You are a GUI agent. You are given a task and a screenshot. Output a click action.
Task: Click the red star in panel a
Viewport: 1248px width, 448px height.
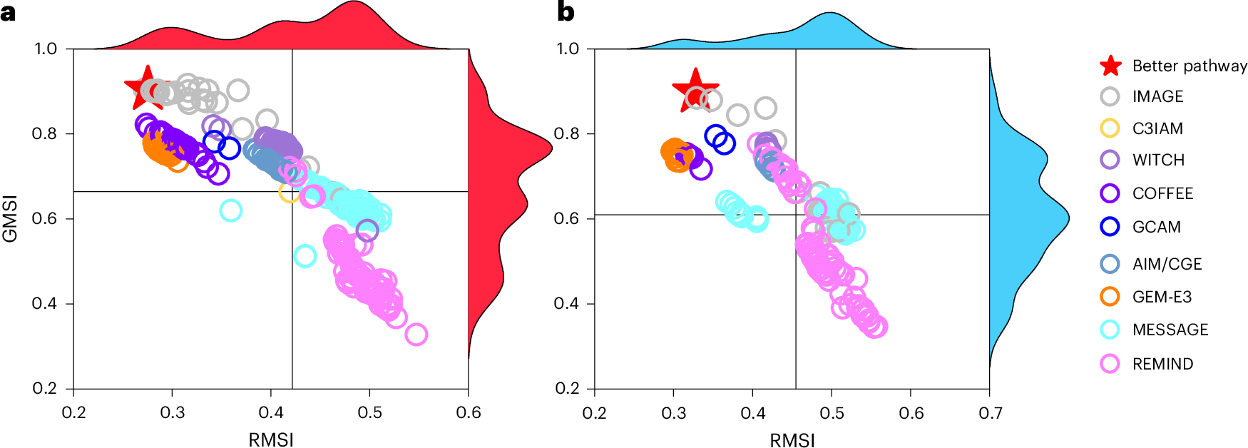[x=145, y=87]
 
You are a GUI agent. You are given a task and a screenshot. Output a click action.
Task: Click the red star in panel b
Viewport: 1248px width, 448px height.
[x=695, y=90]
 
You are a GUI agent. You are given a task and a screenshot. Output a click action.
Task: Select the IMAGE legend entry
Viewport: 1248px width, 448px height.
[x=1157, y=96]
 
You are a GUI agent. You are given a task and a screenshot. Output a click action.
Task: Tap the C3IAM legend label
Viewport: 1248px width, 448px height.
[x=1157, y=128]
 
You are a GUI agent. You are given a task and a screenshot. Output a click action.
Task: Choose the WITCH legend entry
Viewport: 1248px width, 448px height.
[x=1158, y=160]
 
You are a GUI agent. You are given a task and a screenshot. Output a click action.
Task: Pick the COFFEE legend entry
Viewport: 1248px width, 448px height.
[x=1162, y=193]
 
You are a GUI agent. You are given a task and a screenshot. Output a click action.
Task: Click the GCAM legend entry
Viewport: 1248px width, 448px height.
[x=1156, y=227]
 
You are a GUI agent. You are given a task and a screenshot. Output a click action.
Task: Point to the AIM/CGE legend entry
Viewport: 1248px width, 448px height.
[x=1167, y=264]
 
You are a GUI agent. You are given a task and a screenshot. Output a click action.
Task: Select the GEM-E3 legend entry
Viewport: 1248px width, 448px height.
[x=1162, y=297]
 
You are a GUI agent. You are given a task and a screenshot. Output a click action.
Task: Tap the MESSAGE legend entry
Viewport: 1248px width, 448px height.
[x=1170, y=330]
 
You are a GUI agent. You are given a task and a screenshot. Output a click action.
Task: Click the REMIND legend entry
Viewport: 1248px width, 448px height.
[x=1162, y=364]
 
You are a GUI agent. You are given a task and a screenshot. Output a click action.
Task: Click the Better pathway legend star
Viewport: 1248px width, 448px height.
[x=1110, y=66]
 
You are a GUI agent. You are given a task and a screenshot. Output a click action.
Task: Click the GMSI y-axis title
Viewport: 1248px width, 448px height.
[x=10, y=218]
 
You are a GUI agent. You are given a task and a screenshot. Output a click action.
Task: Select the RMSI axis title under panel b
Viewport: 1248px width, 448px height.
[x=792, y=440]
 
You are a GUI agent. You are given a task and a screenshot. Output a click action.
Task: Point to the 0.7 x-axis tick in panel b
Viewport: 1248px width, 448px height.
[x=990, y=413]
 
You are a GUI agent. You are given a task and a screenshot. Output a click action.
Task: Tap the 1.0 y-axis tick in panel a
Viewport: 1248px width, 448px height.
[x=46, y=49]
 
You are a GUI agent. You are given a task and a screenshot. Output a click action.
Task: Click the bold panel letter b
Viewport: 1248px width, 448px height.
[x=565, y=12]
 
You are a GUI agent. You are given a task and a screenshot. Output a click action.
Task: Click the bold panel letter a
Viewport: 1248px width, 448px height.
[x=8, y=12]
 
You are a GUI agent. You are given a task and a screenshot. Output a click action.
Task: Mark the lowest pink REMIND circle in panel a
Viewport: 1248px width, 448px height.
[x=416, y=334]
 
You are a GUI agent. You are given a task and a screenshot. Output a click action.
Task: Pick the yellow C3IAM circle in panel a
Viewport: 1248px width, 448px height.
[x=289, y=192]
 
